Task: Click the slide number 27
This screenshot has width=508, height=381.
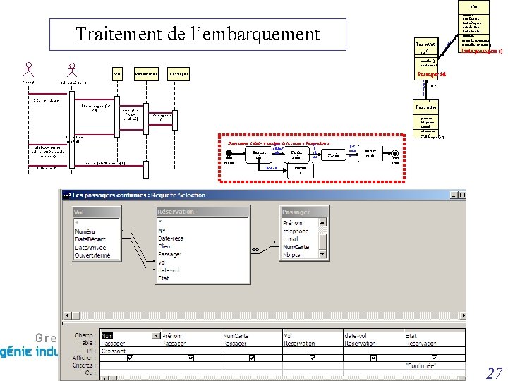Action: click(x=494, y=373)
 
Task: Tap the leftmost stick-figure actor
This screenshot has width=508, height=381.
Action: click(x=29, y=71)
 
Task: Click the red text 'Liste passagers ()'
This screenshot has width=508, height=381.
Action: click(x=481, y=51)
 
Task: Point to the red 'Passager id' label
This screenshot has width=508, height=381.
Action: click(x=431, y=73)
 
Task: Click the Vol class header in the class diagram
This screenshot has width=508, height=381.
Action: click(x=473, y=6)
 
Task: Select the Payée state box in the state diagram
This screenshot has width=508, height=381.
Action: click(x=332, y=154)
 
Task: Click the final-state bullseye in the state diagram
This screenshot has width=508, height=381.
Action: click(x=396, y=155)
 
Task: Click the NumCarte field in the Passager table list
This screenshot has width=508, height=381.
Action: click(x=296, y=247)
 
